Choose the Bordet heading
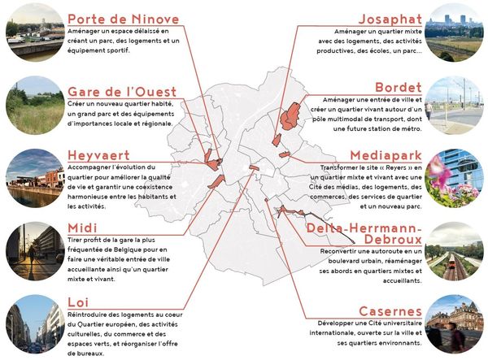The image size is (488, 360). [x=399, y=87]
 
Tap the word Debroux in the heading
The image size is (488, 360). [x=387, y=241]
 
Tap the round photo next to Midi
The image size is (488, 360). [x=33, y=250]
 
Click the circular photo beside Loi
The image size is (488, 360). [x=33, y=324]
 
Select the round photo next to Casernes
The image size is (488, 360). [x=455, y=324]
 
